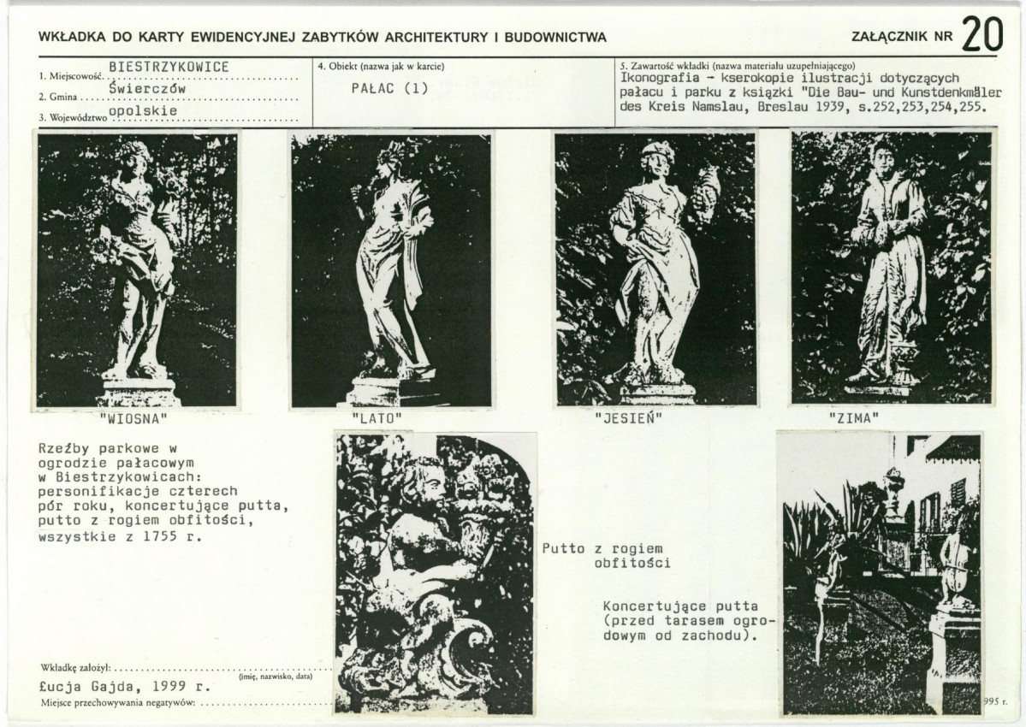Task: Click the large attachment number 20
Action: (x=982, y=34)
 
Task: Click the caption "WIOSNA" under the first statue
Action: (x=133, y=418)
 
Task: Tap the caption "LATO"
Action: (x=377, y=418)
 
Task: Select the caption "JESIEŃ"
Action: (x=628, y=417)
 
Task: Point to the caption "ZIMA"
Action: (x=854, y=417)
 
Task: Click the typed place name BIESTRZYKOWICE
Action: (x=169, y=68)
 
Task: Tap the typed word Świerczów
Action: (x=148, y=88)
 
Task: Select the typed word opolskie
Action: (x=143, y=110)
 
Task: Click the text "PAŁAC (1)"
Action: (x=389, y=88)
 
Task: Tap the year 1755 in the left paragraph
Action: (x=160, y=537)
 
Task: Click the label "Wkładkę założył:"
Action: (x=76, y=668)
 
